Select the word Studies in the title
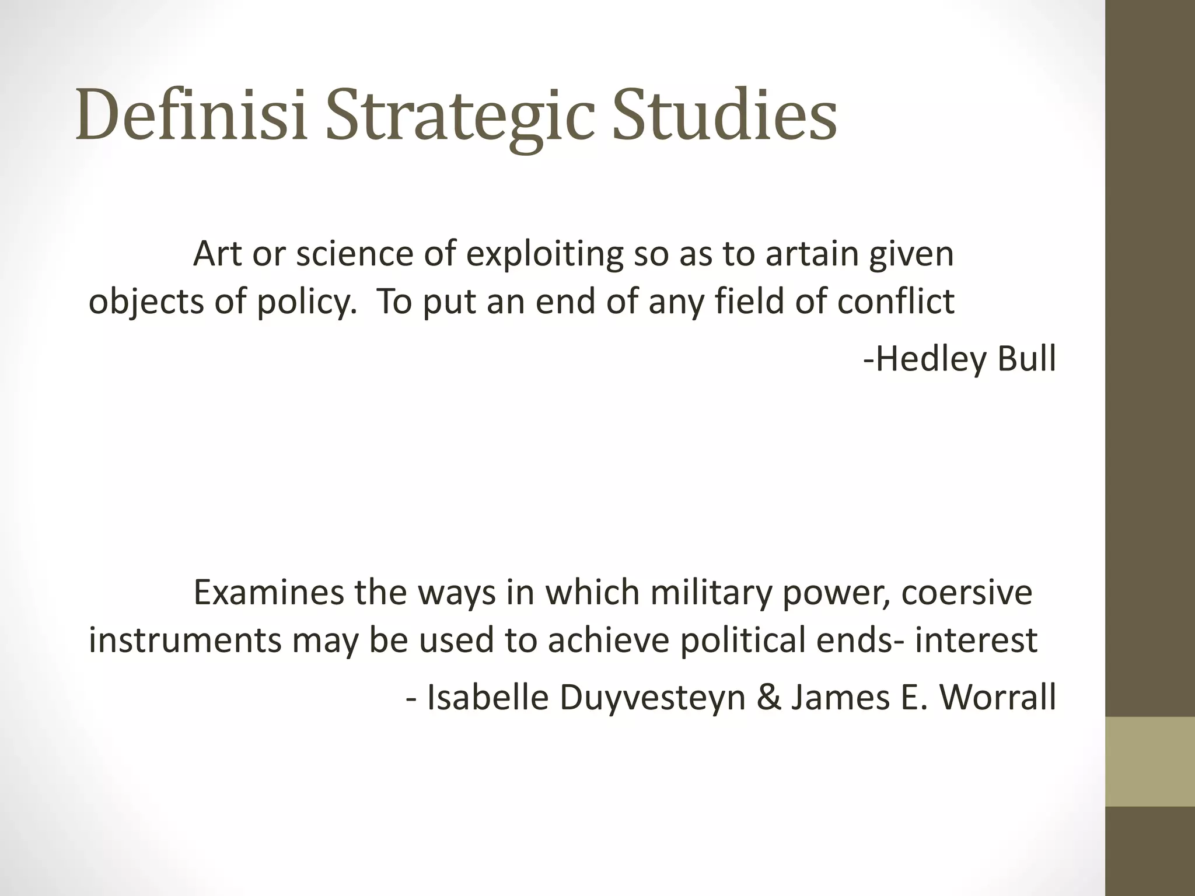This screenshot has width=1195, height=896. pos(724,114)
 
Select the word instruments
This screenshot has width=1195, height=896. pos(185,640)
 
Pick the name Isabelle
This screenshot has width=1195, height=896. pos(488,697)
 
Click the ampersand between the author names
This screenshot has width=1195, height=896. pos(768,697)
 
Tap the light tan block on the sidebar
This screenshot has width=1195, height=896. pos(1150,761)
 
